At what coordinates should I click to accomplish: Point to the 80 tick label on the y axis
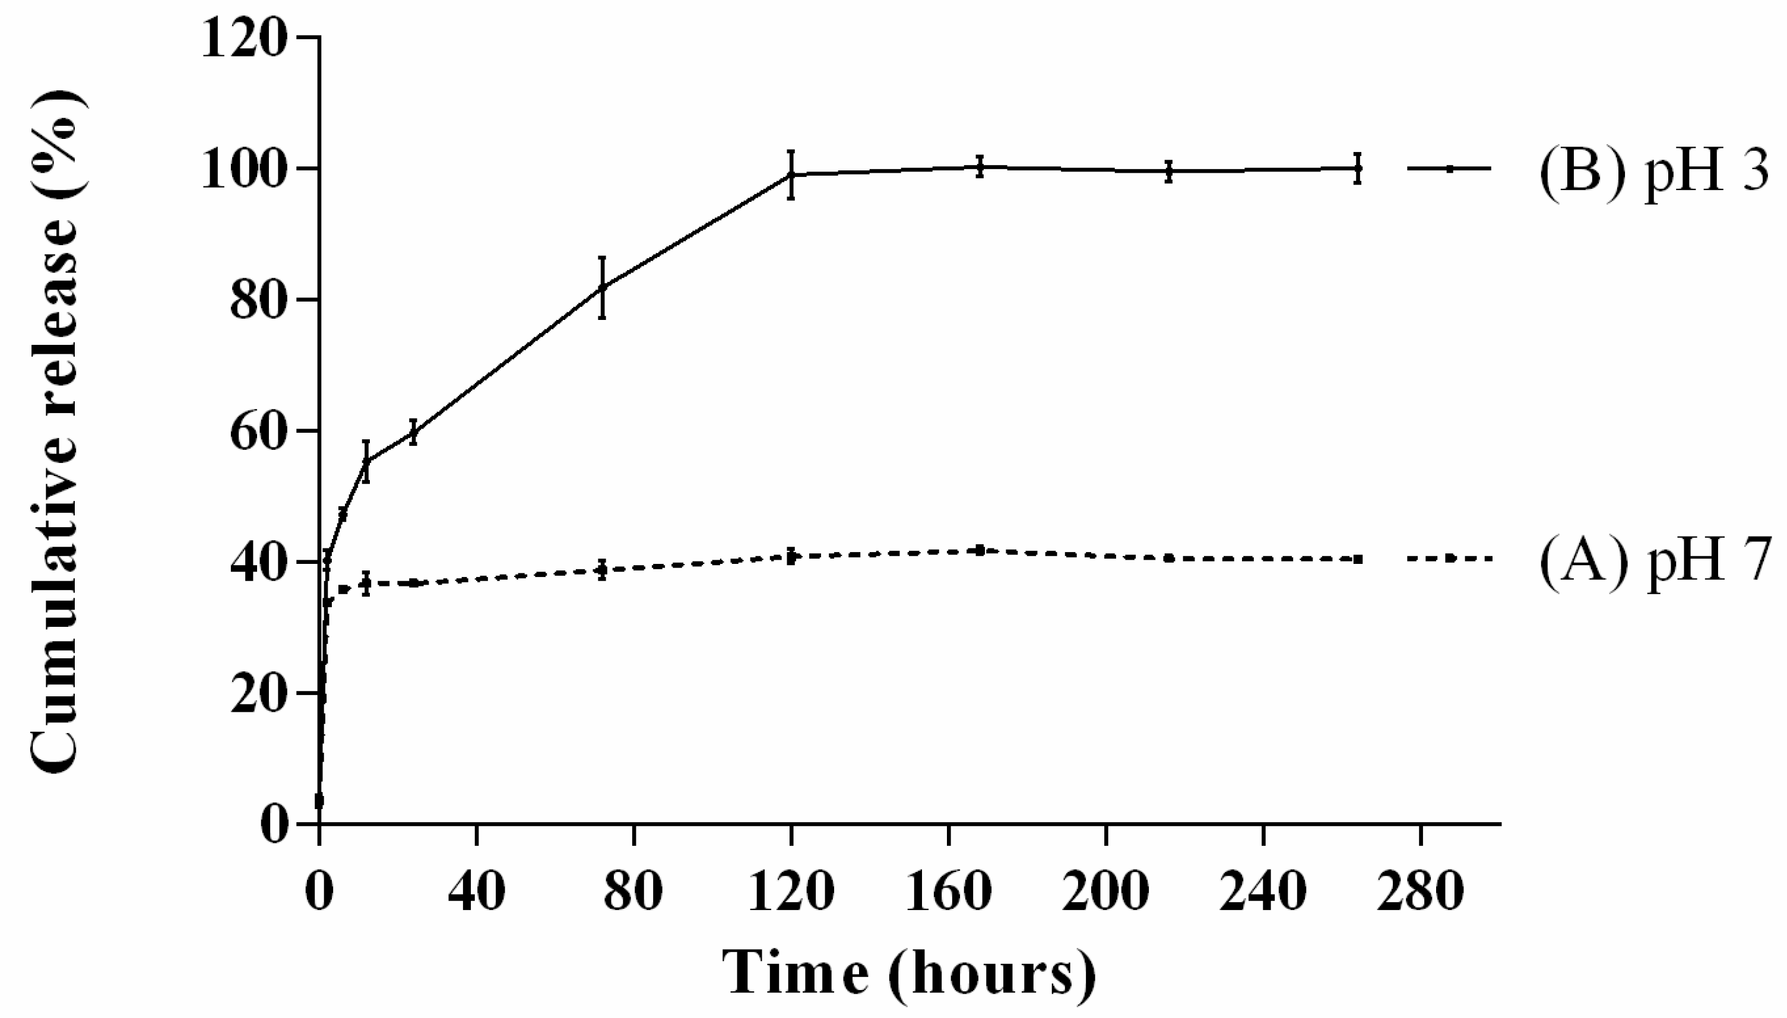(x=257, y=300)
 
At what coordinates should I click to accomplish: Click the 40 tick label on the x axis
(x=476, y=892)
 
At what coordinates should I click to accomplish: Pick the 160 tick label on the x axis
(x=949, y=892)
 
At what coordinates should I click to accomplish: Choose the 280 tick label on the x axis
(x=1421, y=892)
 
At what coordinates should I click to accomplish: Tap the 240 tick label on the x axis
(x=1263, y=892)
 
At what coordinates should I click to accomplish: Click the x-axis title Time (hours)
(x=909, y=972)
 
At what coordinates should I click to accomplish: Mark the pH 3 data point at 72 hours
(x=602, y=287)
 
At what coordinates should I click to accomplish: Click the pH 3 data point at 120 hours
(x=791, y=175)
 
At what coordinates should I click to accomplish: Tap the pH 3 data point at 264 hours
(x=1358, y=168)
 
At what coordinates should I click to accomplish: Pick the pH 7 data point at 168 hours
(x=980, y=550)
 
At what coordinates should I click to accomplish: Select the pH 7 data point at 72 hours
(x=602, y=570)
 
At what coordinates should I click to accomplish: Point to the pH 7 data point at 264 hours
(x=1358, y=559)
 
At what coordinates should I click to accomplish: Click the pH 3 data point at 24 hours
(x=413, y=433)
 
